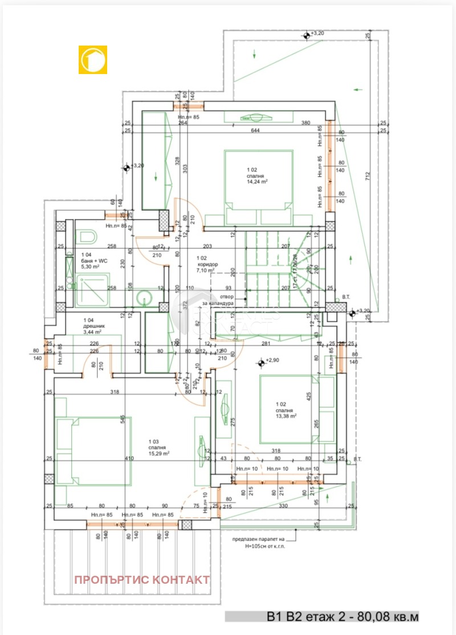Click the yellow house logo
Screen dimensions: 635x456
[92, 60]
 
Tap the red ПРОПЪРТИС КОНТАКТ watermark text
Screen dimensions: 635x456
[141, 580]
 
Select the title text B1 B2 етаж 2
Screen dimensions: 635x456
[322, 616]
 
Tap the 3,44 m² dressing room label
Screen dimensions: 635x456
[92, 331]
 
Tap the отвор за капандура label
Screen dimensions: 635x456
[219, 300]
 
